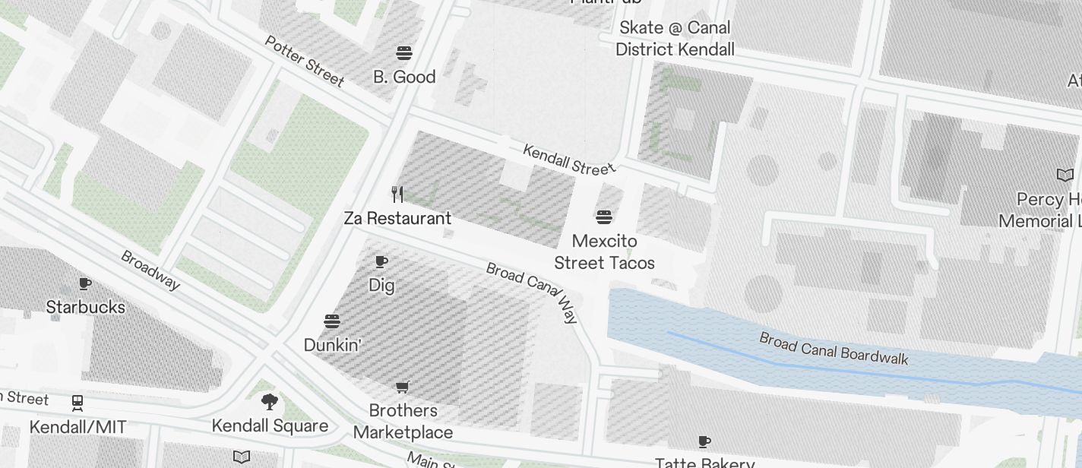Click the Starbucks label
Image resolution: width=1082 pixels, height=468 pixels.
[85, 307]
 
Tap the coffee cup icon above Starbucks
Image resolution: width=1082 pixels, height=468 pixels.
[85, 283]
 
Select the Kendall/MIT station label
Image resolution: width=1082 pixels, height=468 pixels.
[78, 427]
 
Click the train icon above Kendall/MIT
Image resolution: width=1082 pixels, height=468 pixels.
[78, 402]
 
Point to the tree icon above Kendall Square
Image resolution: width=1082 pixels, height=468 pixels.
[269, 402]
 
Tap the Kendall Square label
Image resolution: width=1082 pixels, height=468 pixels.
[270, 425]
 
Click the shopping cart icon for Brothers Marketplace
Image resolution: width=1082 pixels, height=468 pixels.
[403, 387]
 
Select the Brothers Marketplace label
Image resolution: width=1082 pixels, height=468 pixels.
[403, 422]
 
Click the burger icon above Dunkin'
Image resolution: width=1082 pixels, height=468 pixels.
[332, 321]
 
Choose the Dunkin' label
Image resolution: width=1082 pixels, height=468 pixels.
[332, 345]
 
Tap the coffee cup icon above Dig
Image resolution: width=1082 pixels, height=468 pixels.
[381, 262]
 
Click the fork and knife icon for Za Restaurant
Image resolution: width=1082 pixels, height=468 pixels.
[397, 194]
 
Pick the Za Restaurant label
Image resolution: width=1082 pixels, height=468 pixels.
[397, 219]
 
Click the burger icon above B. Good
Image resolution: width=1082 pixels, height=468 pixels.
[404, 53]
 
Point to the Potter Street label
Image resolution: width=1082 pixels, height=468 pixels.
[304, 60]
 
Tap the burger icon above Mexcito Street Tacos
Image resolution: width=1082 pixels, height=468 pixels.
[604, 218]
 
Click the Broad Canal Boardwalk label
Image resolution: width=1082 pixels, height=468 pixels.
[834, 349]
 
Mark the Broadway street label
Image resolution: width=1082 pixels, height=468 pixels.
[150, 270]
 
